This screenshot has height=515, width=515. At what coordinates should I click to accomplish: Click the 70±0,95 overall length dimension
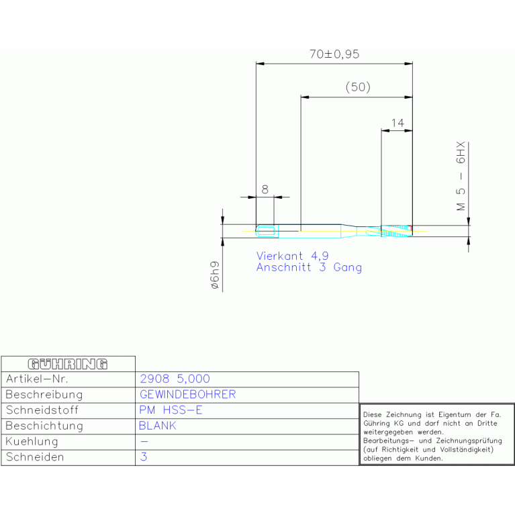pyautogui.click(x=334, y=54)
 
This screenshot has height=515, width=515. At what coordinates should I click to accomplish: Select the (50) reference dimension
pyautogui.click(x=358, y=87)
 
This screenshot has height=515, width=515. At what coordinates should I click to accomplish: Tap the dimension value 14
pyautogui.click(x=397, y=123)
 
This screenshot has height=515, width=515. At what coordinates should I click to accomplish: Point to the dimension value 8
pyautogui.click(x=265, y=189)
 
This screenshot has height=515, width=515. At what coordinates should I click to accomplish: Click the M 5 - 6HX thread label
pyautogui.click(x=461, y=176)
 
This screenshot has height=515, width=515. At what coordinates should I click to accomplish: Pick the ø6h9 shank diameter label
pyautogui.click(x=214, y=275)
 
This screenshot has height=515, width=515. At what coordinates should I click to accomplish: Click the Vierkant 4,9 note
pyautogui.click(x=292, y=256)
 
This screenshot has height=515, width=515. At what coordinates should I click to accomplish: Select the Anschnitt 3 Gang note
pyautogui.click(x=309, y=267)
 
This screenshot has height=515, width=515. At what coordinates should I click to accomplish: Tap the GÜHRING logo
pyautogui.click(x=68, y=364)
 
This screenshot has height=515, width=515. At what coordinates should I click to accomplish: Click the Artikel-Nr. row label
pyautogui.click(x=37, y=379)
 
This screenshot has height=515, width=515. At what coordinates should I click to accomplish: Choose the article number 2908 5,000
pyautogui.click(x=175, y=379)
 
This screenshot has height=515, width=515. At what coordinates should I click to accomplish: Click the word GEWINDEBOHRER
pyautogui.click(x=188, y=394)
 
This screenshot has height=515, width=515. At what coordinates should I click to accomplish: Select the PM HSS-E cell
pyautogui.click(x=171, y=410)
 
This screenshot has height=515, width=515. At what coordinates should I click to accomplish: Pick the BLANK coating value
pyautogui.click(x=158, y=426)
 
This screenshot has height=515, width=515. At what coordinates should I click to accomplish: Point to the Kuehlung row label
pyautogui.click(x=32, y=442)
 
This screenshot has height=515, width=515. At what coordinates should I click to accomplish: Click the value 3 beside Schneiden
pyautogui.click(x=144, y=457)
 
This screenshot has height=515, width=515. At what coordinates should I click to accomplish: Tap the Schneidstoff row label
pyautogui.click(x=42, y=410)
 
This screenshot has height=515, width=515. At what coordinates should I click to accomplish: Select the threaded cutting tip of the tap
pyautogui.click(x=396, y=231)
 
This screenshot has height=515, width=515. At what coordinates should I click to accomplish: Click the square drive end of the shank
pyautogui.click(x=267, y=231)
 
